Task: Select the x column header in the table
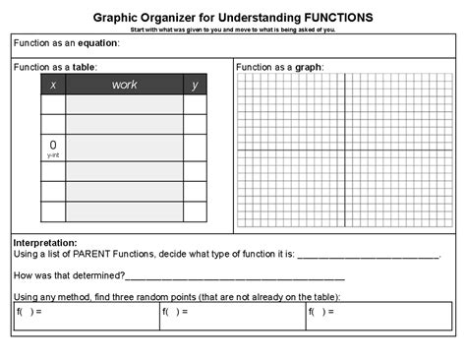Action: click(x=52, y=86)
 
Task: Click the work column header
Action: click(x=124, y=86)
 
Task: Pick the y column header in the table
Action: click(x=195, y=86)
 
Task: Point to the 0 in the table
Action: click(x=52, y=145)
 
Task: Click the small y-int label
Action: click(x=52, y=154)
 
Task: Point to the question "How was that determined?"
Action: click(x=69, y=274)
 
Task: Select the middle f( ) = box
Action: click(x=232, y=316)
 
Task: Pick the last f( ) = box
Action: click(x=379, y=316)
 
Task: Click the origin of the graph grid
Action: click(x=344, y=150)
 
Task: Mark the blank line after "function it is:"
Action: click(x=368, y=255)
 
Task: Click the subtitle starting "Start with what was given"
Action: click(x=233, y=30)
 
